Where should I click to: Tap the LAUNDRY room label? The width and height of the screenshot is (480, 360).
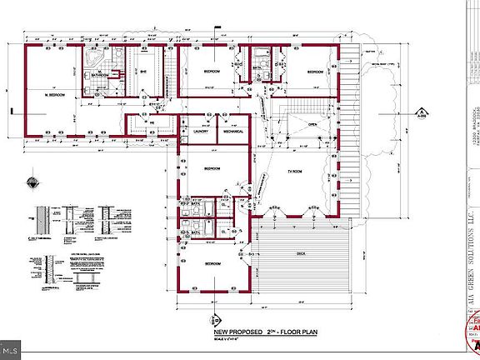pos(200,132)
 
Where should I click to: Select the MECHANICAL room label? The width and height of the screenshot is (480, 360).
pos(233,132)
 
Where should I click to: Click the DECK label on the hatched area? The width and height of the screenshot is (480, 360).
pos(302,252)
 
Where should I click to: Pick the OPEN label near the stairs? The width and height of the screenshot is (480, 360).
pos(312,125)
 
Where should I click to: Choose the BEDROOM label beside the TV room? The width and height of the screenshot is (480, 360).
pos(212,168)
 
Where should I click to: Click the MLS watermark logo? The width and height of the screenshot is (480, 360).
pos(14,343)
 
